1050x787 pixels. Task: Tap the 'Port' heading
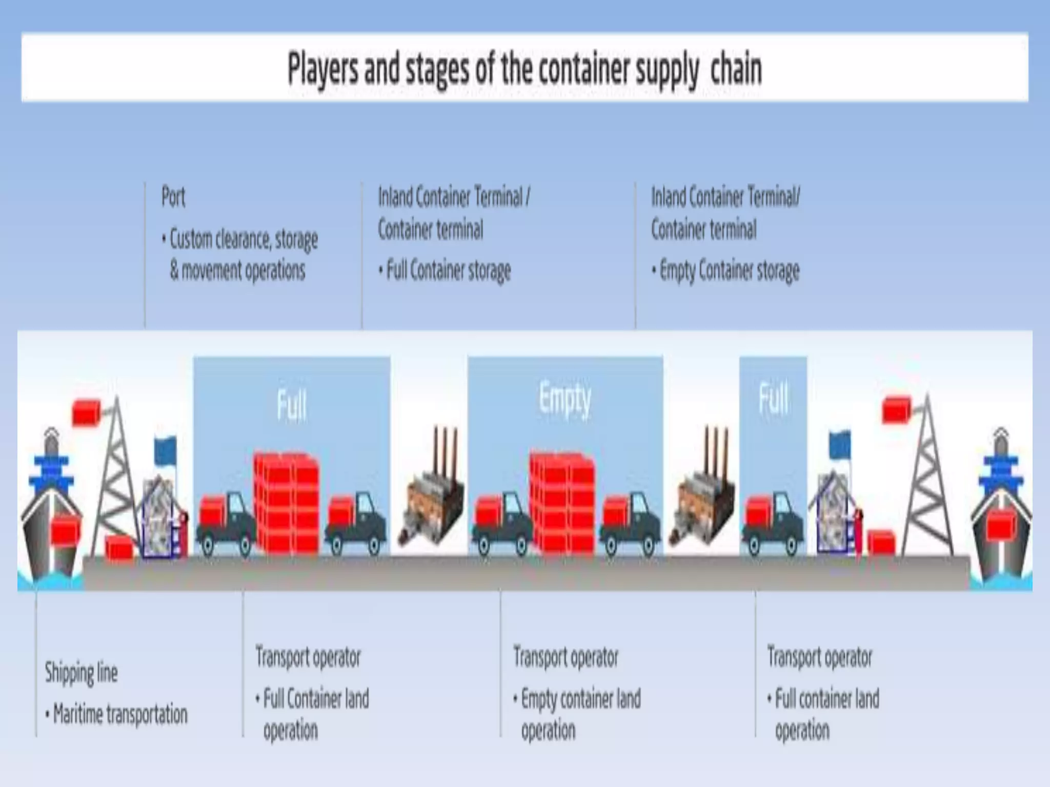click(173, 197)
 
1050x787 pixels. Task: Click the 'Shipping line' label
click(81, 672)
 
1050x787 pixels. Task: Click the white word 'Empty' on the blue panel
click(564, 399)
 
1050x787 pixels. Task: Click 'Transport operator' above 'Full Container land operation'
click(308, 657)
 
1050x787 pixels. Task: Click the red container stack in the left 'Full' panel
click(287, 505)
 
